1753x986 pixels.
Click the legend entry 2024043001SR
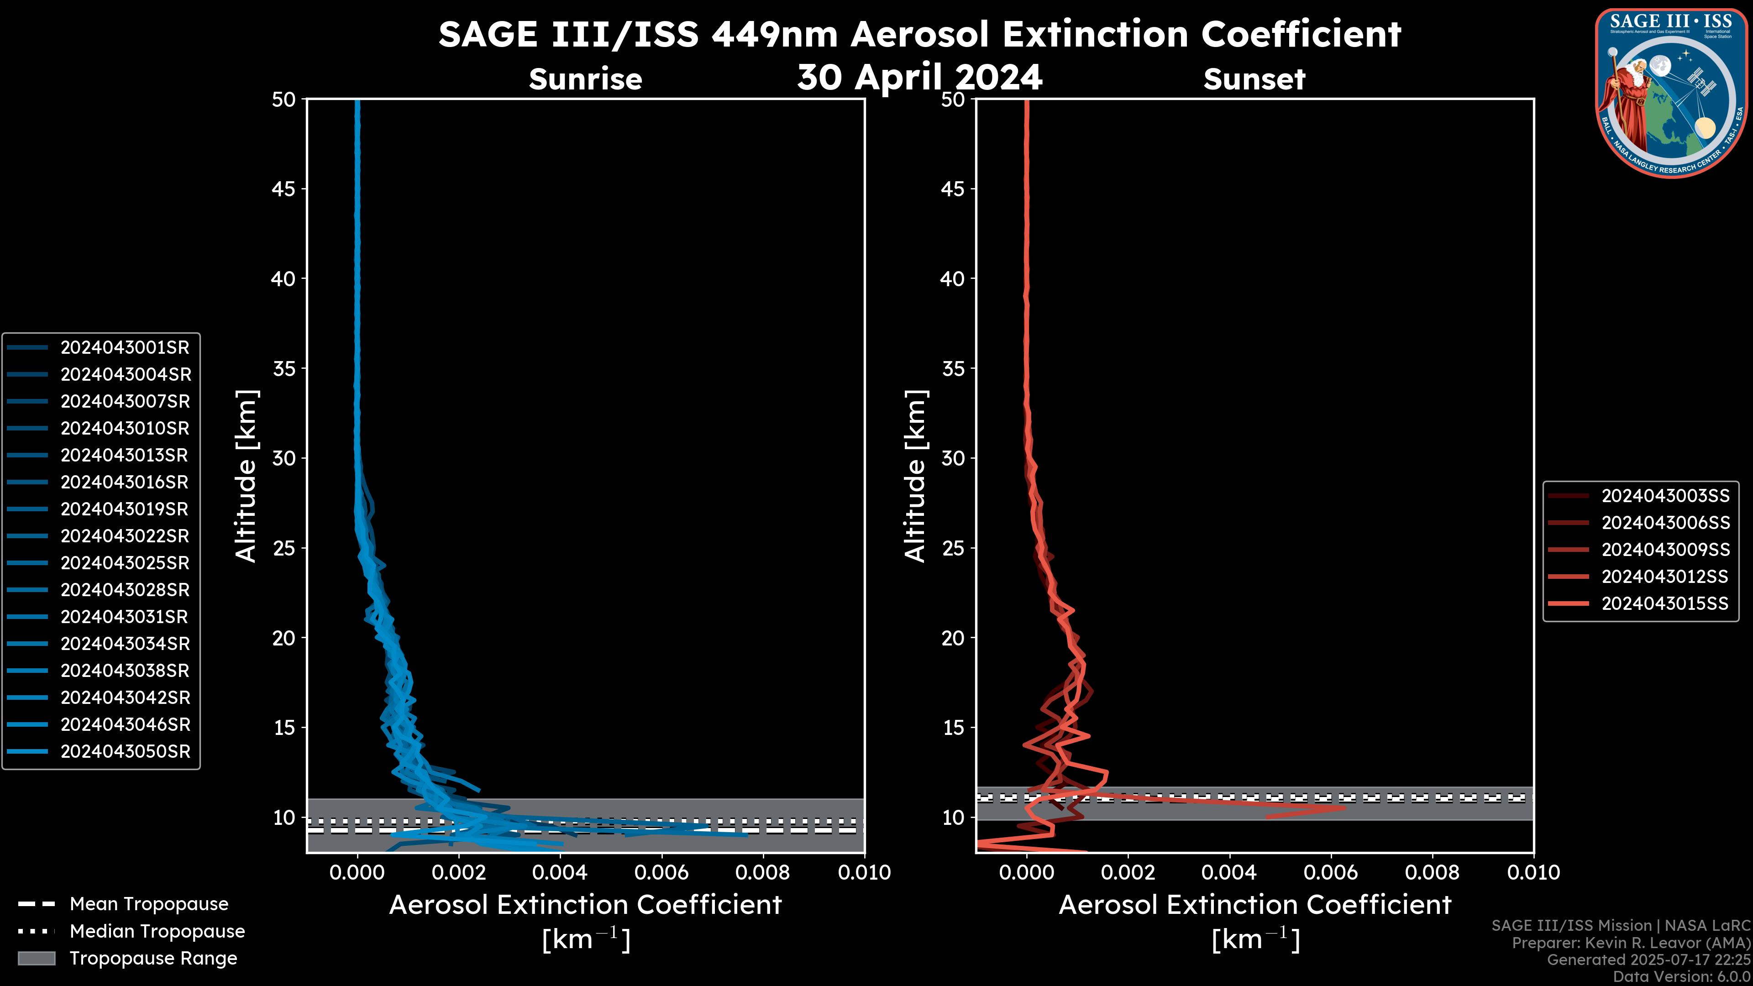click(125, 348)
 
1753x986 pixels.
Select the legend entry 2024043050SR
click(125, 752)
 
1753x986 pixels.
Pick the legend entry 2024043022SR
click(125, 536)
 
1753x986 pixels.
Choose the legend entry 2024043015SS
click(1664, 603)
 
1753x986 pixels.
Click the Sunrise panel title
click(585, 79)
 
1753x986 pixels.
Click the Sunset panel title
click(1254, 79)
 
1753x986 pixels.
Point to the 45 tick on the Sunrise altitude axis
click(284, 189)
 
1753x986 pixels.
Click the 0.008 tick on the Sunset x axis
click(1433, 872)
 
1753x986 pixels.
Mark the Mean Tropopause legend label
click(149, 904)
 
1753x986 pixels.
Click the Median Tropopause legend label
click(157, 932)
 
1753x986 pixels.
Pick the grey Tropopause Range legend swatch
click(36, 959)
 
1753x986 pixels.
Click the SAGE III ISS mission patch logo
click(1671, 93)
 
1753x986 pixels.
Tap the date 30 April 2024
click(919, 78)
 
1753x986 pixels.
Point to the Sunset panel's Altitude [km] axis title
click(915, 476)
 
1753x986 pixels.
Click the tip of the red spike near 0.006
click(1345, 808)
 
